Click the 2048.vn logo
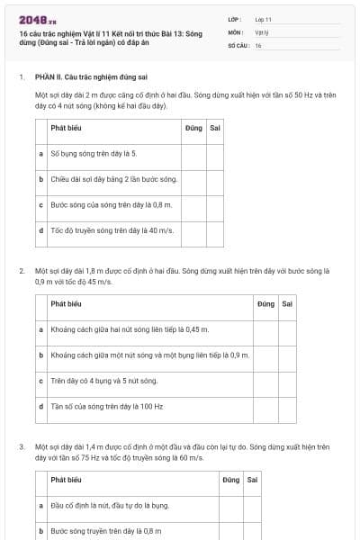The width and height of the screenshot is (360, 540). (x=37, y=20)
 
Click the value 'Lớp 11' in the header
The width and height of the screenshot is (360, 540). (x=263, y=18)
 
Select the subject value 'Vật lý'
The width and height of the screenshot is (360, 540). (x=261, y=31)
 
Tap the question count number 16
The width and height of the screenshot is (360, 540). (x=258, y=45)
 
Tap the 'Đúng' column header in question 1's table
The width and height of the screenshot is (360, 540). (x=193, y=128)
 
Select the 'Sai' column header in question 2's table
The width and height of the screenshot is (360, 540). (x=287, y=303)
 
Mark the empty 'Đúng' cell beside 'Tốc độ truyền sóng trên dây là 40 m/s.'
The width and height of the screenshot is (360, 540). (x=193, y=230)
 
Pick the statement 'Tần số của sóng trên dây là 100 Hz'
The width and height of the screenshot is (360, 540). (x=106, y=406)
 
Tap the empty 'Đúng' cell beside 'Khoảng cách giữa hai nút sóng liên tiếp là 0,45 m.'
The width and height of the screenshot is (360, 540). (x=265, y=329)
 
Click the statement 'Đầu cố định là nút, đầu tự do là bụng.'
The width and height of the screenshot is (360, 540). (x=110, y=506)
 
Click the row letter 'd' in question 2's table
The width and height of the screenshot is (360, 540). (x=41, y=406)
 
